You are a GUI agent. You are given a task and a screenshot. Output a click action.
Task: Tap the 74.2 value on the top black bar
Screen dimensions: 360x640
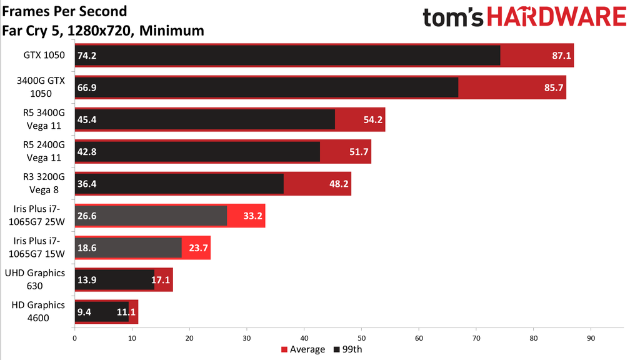pyautogui.click(x=86, y=55)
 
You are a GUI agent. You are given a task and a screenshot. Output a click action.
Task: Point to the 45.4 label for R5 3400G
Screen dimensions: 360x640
pyautogui.click(x=86, y=119)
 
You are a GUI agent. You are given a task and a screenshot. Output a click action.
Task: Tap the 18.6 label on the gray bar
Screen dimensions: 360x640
pyautogui.click(x=86, y=248)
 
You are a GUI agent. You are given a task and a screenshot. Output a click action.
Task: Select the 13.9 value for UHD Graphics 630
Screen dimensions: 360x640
pyautogui.click(x=86, y=281)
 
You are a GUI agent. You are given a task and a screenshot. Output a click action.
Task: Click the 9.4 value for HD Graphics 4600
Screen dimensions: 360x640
pyautogui.click(x=84, y=312)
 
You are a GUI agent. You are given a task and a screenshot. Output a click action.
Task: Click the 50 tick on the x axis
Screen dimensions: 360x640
pyautogui.click(x=361, y=338)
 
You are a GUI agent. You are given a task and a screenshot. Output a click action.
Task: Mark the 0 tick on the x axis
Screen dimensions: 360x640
pyautogui.click(x=75, y=338)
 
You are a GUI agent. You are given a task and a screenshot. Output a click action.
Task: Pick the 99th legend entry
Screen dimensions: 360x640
pyautogui.click(x=348, y=349)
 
